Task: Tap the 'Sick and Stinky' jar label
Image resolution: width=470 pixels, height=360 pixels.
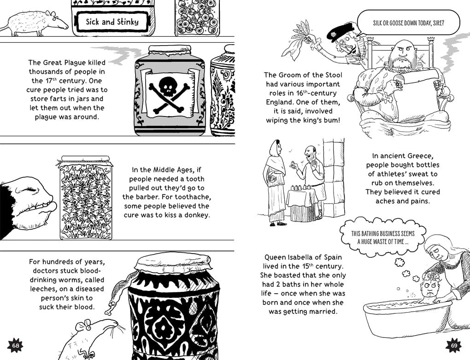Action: (x=112, y=22)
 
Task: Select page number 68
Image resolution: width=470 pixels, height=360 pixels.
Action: (x=15, y=346)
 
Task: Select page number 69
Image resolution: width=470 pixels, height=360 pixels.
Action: (x=454, y=346)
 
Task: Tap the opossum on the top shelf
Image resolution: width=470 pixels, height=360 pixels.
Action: (x=35, y=23)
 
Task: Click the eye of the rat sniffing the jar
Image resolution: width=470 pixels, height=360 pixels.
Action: (x=88, y=328)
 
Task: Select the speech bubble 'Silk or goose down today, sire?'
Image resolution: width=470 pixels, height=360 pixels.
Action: (x=408, y=23)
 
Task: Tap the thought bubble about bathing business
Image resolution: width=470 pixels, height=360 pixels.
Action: (x=383, y=238)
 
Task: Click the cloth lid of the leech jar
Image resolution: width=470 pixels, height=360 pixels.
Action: (x=174, y=264)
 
